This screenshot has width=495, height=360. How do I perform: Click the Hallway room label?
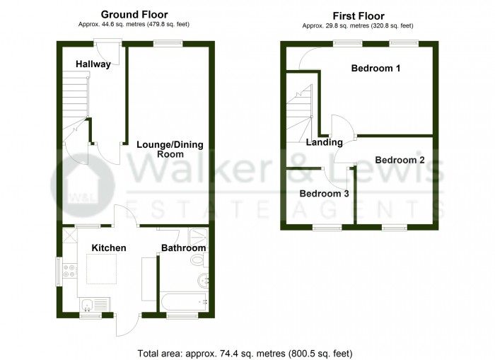tap(93, 64)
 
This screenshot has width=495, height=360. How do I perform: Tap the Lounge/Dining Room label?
tap(170, 149)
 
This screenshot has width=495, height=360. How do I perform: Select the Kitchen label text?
tap(109, 248)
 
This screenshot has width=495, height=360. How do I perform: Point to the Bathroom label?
tap(184, 248)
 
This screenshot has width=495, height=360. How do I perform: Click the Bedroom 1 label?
tap(376, 69)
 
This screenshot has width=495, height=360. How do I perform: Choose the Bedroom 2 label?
tap(400, 160)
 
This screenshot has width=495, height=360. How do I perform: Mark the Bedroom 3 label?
tap(324, 193)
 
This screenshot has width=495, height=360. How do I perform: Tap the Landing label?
tap(322, 143)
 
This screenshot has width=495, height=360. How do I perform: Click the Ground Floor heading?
tap(134, 14)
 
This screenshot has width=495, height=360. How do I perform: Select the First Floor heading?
tap(357, 15)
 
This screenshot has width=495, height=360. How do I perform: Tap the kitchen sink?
tap(87, 305)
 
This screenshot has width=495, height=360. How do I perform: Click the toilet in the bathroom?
tap(197, 261)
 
